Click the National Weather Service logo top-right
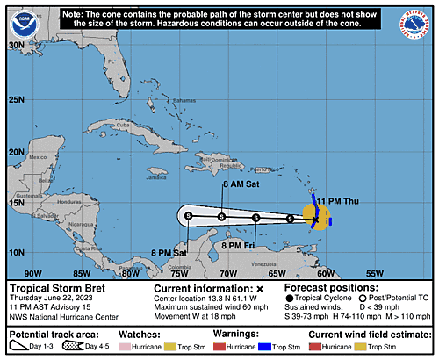pos(417,20)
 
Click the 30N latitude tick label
pos(15,44)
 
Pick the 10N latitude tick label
pos(15,252)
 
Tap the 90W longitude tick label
pos(32,272)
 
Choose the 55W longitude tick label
pos(374,272)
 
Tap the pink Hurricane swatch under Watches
pos(161,347)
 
